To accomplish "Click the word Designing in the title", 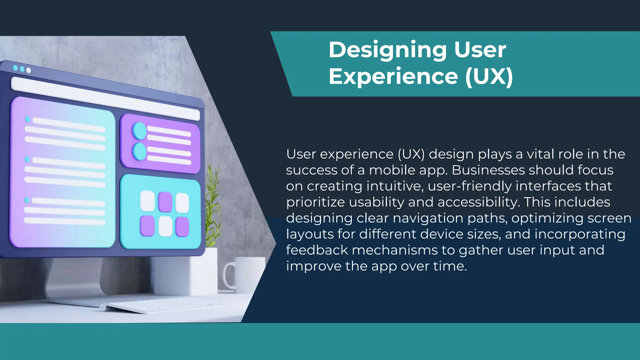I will [x=387, y=50].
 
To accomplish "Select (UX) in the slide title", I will [x=489, y=77].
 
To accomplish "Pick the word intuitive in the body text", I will [x=395, y=186].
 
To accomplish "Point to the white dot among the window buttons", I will [x=29, y=70].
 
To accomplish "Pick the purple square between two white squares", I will [x=165, y=202].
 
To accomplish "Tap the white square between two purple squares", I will [x=165, y=226].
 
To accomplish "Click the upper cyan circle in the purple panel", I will [x=139, y=131].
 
